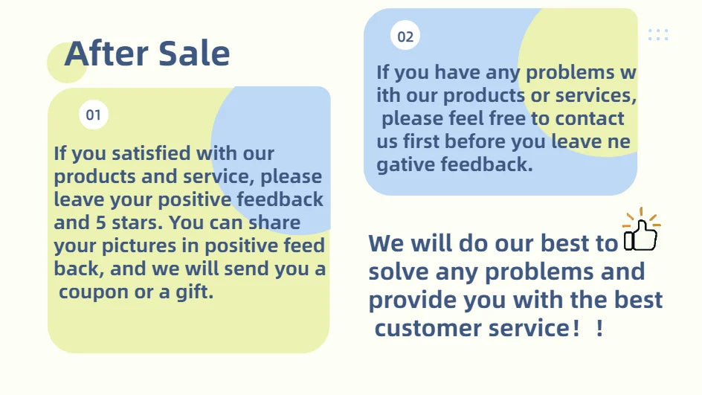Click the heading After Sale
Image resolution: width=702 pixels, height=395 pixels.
pos(147,54)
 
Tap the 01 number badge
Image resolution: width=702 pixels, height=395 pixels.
pos(94,115)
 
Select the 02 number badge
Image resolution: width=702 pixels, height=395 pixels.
pos(405,36)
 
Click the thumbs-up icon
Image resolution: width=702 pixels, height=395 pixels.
pos(641,231)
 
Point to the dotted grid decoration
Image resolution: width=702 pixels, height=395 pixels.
pos(658,35)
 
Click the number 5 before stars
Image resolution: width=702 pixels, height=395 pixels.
pos(100,222)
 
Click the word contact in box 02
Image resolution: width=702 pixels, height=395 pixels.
pos(590,119)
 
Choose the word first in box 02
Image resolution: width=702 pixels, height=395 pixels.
pos(421,141)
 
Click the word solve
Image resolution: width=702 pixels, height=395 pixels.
pos(399,272)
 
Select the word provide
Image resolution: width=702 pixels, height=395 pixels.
pos(413,301)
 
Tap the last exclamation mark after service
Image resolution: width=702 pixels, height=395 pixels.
pos(599,328)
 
